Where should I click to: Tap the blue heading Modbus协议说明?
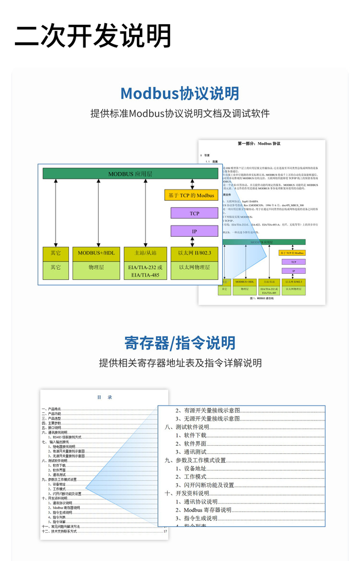pyautogui.click(x=179, y=93)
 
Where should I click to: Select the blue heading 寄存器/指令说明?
pyautogui.click(x=179, y=342)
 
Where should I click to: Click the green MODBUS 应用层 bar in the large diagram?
pyautogui.click(x=130, y=174)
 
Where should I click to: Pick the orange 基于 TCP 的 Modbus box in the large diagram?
pyautogui.click(x=191, y=196)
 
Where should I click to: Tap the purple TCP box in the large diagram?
pyautogui.click(x=194, y=213)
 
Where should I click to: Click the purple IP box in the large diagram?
pyautogui.click(x=194, y=232)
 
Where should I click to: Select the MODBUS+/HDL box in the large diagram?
pyautogui.click(x=96, y=253)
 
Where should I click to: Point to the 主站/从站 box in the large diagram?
pyautogui.click(x=145, y=253)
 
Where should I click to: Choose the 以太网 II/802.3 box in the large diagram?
pyautogui.click(x=194, y=253)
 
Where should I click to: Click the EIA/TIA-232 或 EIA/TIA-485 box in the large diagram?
pyautogui.click(x=145, y=271)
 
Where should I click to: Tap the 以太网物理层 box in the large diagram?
pyautogui.click(x=194, y=268)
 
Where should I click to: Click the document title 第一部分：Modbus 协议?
pyautogui.click(x=259, y=144)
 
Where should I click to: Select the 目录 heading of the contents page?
pyautogui.click(x=104, y=397)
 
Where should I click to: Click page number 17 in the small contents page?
pyautogui.click(x=165, y=531)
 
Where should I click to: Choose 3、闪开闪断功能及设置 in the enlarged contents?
pyautogui.click(x=205, y=485)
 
